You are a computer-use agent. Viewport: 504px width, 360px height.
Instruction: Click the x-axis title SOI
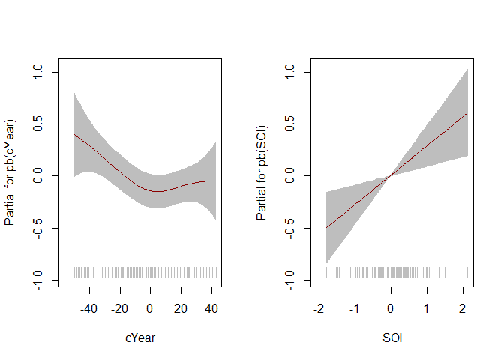point(392,338)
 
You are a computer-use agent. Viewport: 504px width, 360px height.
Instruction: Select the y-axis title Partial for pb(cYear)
point(10,172)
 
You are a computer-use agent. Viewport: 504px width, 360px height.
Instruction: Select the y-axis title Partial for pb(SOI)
point(262,172)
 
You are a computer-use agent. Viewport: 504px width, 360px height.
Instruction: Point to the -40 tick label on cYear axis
point(89,309)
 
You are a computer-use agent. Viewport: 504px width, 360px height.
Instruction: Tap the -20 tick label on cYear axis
point(120,309)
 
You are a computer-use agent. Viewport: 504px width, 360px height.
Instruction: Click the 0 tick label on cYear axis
point(151,309)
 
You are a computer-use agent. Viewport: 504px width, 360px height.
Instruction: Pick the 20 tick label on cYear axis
point(181,309)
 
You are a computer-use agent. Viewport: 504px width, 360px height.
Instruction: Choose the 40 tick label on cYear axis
point(211,309)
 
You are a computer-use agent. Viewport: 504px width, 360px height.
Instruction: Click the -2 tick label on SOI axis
point(319,309)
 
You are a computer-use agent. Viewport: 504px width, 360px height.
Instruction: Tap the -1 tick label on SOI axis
point(354,309)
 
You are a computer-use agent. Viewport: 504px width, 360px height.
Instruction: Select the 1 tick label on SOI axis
point(426,309)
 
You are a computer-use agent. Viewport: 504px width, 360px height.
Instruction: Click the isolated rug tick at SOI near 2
point(467,272)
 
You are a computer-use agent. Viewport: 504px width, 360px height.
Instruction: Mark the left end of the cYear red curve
point(74,134)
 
